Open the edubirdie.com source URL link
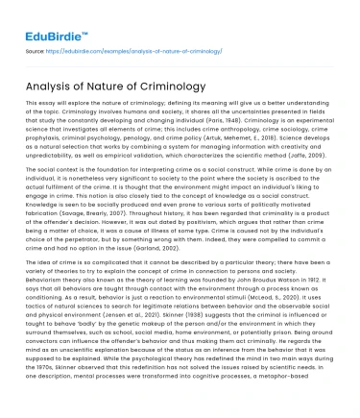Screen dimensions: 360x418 142,46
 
